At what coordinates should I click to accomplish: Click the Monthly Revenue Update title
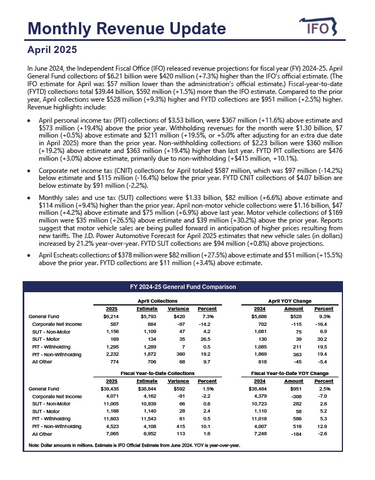pyautogui.click(x=126, y=29)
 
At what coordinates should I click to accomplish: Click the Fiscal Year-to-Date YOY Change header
pyautogui.click(x=294, y=373)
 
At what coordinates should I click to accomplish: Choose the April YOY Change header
pyautogui.click(x=293, y=300)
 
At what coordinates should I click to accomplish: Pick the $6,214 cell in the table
pyautogui.click(x=112, y=317)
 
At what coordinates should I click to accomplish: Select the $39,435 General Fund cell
pyautogui.click(x=111, y=389)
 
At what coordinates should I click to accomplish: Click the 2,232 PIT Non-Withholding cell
pyautogui.click(x=112, y=353)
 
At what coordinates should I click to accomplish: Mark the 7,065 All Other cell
pyautogui.click(x=112, y=434)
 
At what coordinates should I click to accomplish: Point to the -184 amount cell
pyautogui.click(x=296, y=434)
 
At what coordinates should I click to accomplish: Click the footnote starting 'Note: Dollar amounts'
pyautogui.click(x=134, y=445)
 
